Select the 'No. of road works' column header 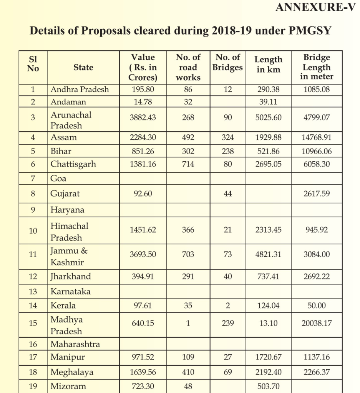click(x=188, y=67)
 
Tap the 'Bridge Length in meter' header click(x=317, y=67)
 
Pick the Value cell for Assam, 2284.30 click(x=143, y=137)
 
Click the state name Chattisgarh click(x=73, y=164)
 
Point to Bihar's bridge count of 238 click(x=228, y=151)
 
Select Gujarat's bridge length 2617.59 click(x=317, y=193)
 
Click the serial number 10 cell click(x=33, y=231)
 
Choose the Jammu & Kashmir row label click(x=69, y=256)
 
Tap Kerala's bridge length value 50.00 click(x=317, y=305)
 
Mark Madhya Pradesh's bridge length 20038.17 click(x=317, y=323)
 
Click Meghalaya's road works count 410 click(x=188, y=372)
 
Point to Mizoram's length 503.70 click(x=269, y=386)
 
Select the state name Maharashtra click(x=75, y=344)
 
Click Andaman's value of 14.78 click(x=143, y=102)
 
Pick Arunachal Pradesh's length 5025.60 click(x=269, y=117)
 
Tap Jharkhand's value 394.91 click(x=143, y=276)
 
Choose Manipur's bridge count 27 click(x=228, y=357)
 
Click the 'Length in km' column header click(x=269, y=64)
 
